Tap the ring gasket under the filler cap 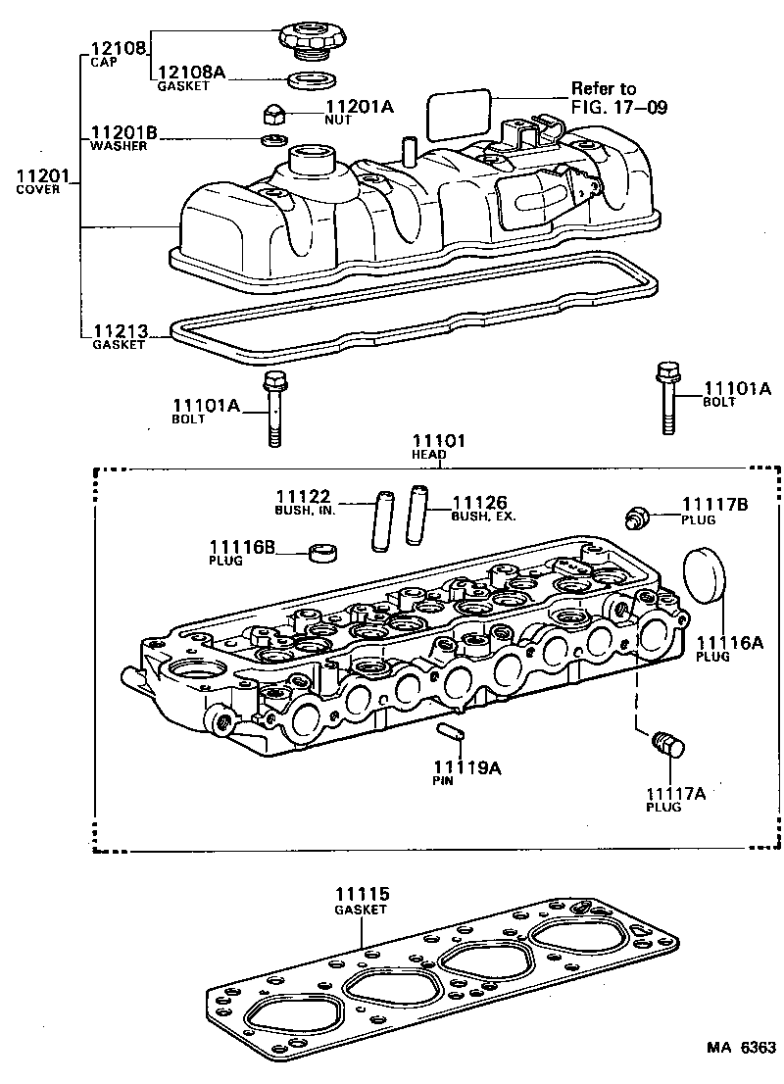(x=312, y=80)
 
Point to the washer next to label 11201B (x=270, y=138)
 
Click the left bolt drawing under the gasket (x=273, y=408)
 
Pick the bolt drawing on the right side (x=668, y=398)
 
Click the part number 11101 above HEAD (x=438, y=441)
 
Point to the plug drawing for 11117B (x=637, y=517)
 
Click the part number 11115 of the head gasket (x=363, y=895)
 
